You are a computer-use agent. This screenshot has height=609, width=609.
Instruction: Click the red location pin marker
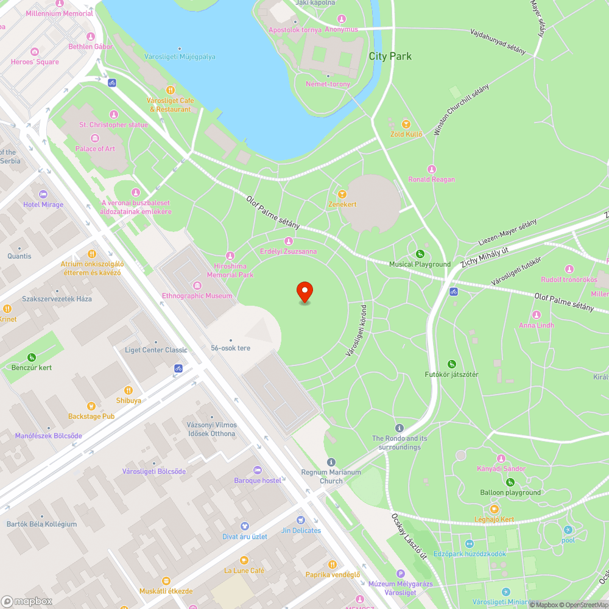pyautogui.click(x=304, y=292)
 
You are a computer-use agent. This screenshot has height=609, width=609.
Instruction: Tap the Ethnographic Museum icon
pyautogui.click(x=197, y=286)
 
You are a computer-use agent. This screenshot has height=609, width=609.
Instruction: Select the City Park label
pyautogui.click(x=390, y=56)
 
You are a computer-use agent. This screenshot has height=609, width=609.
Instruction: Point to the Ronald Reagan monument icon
pyautogui.click(x=432, y=169)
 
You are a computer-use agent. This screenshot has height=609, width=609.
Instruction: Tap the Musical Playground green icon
pyautogui.click(x=420, y=254)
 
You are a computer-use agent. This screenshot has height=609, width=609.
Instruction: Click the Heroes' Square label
pyautogui.click(x=35, y=62)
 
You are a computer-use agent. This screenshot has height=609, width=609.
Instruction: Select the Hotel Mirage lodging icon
pyautogui.click(x=43, y=194)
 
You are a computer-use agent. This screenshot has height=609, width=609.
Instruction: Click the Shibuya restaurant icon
pyautogui.click(x=128, y=390)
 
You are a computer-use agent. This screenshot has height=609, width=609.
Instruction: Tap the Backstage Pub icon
pyautogui.click(x=91, y=406)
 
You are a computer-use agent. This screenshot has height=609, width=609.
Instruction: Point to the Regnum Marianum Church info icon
pyautogui.click(x=331, y=462)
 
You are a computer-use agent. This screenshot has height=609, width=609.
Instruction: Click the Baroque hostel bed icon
pyautogui.click(x=257, y=470)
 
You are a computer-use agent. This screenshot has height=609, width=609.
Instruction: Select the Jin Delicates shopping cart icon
pyautogui.click(x=301, y=520)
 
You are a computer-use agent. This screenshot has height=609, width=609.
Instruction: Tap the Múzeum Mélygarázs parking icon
pyautogui.click(x=400, y=574)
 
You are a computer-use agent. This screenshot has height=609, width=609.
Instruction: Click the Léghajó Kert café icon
pyautogui.click(x=494, y=509)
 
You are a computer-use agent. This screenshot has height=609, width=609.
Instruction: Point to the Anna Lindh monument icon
pyautogui.click(x=537, y=315)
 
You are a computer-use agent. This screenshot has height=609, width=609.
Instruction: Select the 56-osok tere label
pyautogui.click(x=230, y=348)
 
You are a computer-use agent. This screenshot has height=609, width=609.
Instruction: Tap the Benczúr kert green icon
pyautogui.click(x=31, y=357)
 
